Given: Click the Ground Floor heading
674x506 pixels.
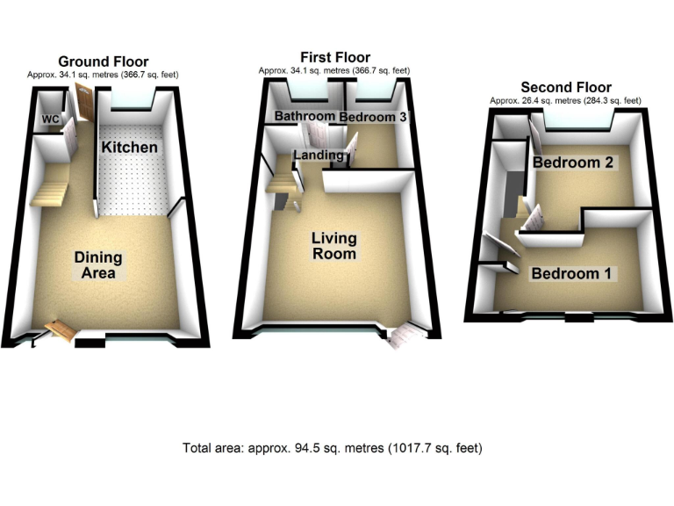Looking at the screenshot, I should pos(103,61).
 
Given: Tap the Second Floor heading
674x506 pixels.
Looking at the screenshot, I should pos(565,87).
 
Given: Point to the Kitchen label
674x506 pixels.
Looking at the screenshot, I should pos(129,147).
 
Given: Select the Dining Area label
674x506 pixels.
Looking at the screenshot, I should pos(97,265).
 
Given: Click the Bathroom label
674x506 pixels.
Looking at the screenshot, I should pos(304,116).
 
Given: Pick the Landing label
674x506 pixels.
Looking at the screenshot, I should pos(318,155).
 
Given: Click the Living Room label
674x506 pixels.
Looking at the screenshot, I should pos(333,246).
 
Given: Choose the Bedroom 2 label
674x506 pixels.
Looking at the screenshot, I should pos(571,163).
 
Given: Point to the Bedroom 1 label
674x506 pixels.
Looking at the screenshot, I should pos(571,273).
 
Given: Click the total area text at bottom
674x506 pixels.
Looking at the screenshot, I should pos(333,448).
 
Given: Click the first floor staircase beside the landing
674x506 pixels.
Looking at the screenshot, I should pos(282,184).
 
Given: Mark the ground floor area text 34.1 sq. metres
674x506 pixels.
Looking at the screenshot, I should pos(103,75).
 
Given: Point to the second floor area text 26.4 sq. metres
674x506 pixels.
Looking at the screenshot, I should pos(565,101).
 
